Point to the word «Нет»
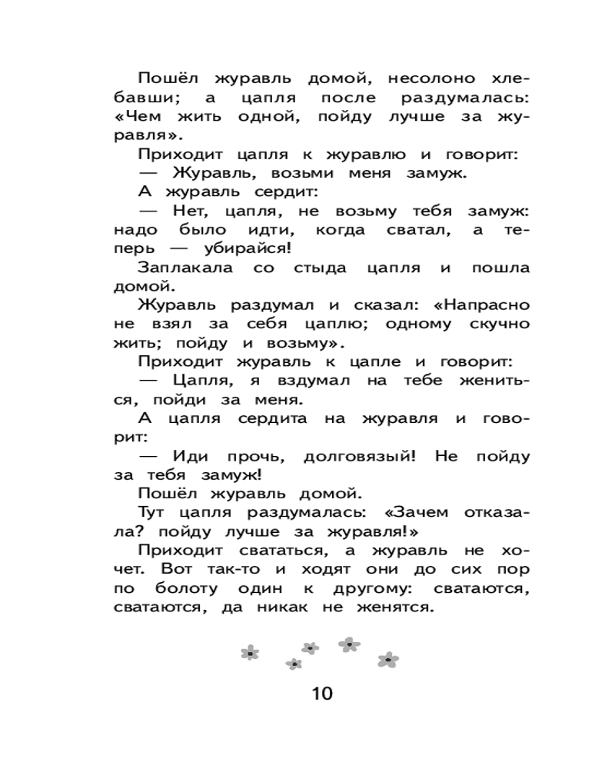click(191, 211)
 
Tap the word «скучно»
click(491, 323)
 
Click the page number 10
click(323, 694)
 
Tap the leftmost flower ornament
click(249, 653)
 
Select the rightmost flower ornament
click(388, 660)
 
